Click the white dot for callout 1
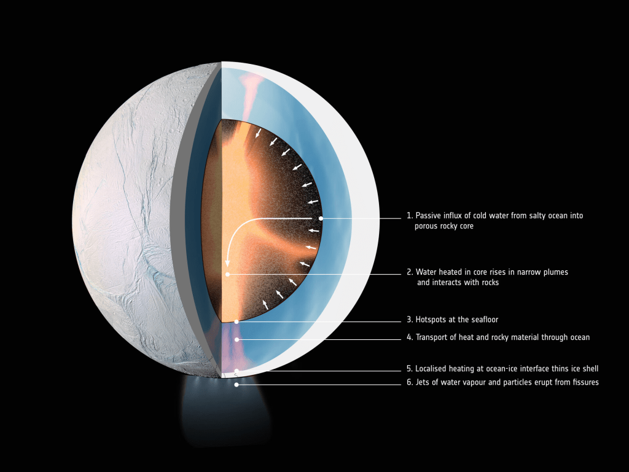(x=321, y=218)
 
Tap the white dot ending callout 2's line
(x=227, y=275)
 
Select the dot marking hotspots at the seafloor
(x=236, y=322)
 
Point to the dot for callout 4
(x=236, y=339)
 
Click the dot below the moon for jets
(x=236, y=385)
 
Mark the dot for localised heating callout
(x=236, y=371)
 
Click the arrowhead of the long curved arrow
(x=227, y=263)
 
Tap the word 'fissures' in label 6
(x=585, y=382)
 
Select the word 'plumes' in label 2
(x=555, y=272)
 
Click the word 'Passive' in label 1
(x=429, y=216)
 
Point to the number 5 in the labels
(x=408, y=369)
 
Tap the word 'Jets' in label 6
(x=423, y=382)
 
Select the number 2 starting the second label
(x=408, y=272)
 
